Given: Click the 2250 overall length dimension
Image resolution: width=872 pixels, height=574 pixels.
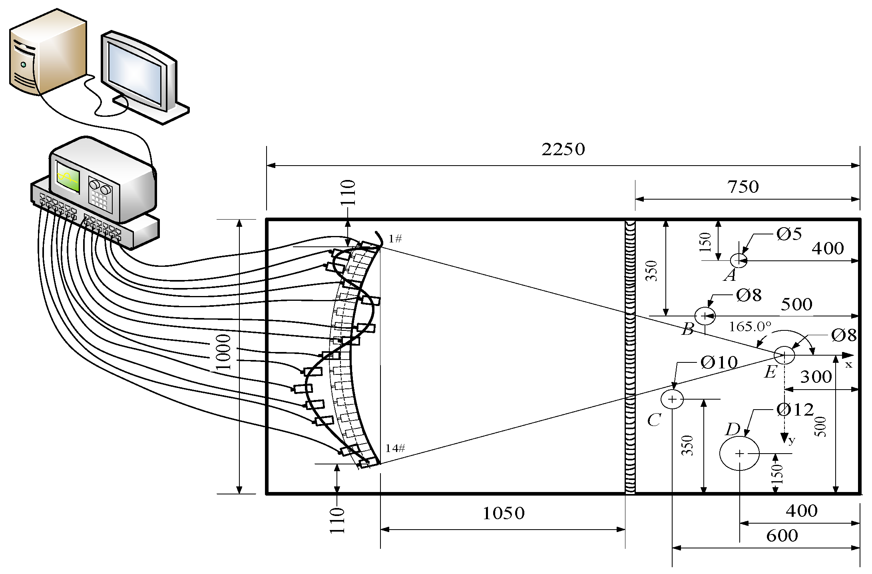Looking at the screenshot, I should (563, 150).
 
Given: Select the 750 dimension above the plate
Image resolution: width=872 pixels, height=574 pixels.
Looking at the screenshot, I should (743, 187).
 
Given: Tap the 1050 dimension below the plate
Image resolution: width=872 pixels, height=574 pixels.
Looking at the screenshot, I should (504, 513).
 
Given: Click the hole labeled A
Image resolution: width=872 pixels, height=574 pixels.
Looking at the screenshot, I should (739, 260).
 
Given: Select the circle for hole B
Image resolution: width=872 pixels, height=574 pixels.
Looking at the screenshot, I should (705, 316).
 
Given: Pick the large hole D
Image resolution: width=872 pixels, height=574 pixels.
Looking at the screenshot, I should (739, 453).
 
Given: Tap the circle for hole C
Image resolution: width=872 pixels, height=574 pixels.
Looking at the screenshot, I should (672, 399).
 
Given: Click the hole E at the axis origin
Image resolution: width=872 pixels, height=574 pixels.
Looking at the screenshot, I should (784, 355).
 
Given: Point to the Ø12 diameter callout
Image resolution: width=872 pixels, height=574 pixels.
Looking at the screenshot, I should (795, 410).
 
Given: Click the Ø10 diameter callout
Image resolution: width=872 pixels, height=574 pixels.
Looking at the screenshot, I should (719, 363).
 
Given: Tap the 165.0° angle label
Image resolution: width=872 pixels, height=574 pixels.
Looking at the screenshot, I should (750, 327).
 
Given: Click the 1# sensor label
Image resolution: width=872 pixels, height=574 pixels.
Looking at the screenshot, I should (395, 239).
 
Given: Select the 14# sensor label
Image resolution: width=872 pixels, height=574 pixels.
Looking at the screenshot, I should (395, 448).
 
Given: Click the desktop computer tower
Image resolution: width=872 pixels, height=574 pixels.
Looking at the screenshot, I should (48, 54).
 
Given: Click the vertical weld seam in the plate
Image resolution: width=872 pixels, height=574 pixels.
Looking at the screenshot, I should (630, 356).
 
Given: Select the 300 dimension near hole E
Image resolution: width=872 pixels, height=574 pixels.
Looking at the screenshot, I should (816, 377).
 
